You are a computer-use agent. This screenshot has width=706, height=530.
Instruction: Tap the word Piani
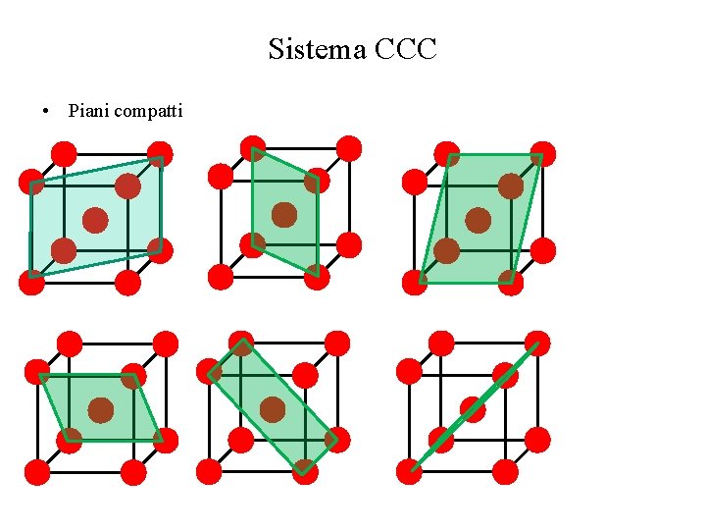(88, 110)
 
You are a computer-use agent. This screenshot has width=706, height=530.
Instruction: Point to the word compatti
(148, 110)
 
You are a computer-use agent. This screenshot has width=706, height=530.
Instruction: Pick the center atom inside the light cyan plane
(95, 220)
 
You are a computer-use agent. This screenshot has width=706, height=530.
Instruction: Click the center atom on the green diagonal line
(474, 408)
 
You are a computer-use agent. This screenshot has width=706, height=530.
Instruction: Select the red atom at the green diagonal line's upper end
(537, 344)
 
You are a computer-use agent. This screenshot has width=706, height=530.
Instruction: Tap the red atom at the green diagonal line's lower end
(410, 472)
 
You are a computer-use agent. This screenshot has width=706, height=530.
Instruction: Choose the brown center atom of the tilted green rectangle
(273, 409)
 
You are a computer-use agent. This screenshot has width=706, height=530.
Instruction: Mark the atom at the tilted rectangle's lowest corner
(305, 472)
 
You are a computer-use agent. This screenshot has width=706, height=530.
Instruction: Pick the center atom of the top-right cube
(479, 220)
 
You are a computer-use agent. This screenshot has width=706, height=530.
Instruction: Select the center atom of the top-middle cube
(284, 214)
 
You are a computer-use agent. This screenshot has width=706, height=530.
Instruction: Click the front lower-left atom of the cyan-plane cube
(32, 283)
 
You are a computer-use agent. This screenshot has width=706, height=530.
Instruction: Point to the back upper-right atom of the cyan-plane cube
(160, 154)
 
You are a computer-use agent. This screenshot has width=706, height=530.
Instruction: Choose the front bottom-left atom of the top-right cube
(415, 283)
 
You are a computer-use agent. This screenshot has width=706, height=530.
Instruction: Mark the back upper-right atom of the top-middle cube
(348, 148)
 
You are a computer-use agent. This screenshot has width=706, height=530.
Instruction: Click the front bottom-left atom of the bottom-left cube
(37, 472)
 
